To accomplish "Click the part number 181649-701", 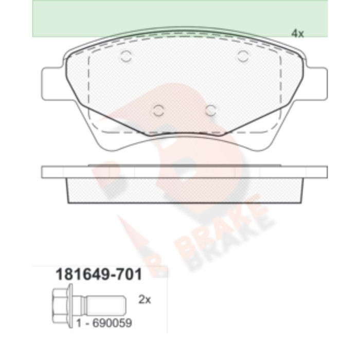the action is pos(99,275).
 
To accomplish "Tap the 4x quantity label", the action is pos(298,33).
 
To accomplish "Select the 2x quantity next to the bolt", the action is pos(145,300).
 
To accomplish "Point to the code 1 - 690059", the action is pos(104,323).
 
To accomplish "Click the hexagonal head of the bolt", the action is pos(61,306).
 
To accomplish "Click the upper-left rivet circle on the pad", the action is pos(126,56).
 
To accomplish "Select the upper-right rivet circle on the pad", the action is pos(243,56).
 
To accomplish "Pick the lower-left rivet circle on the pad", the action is pos(158,111).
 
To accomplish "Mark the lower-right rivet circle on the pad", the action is pos(211,111).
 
